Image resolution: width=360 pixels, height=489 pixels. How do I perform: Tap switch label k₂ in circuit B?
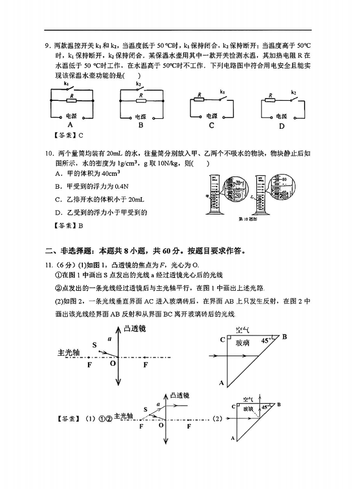coord(138,85)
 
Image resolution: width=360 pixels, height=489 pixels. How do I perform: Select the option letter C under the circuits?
coord(211,125)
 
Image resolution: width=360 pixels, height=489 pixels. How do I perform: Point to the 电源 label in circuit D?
coord(281,116)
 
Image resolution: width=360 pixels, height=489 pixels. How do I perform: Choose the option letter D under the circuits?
coord(282,125)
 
